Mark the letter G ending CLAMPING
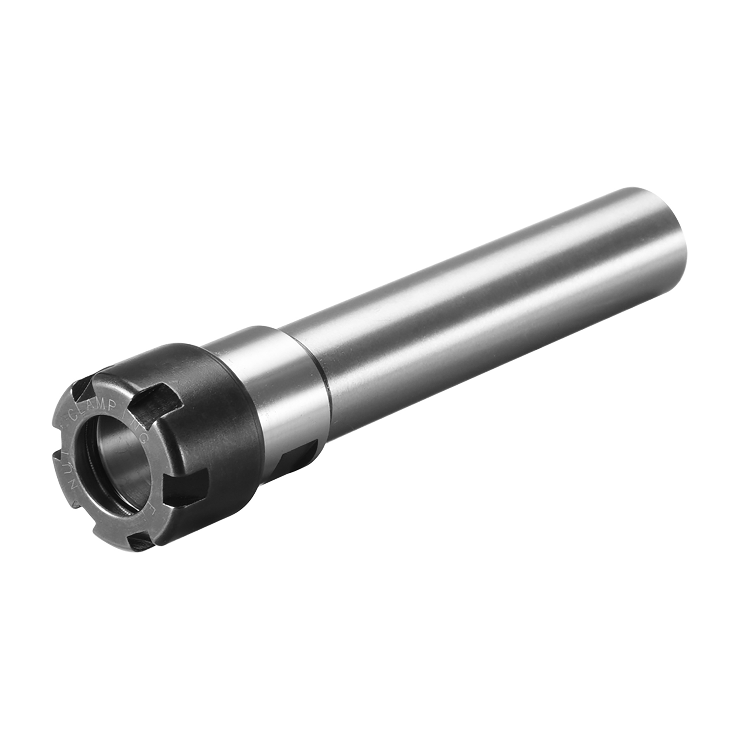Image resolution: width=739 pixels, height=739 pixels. [143, 438]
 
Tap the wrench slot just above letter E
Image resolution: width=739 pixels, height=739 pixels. [184, 488]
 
